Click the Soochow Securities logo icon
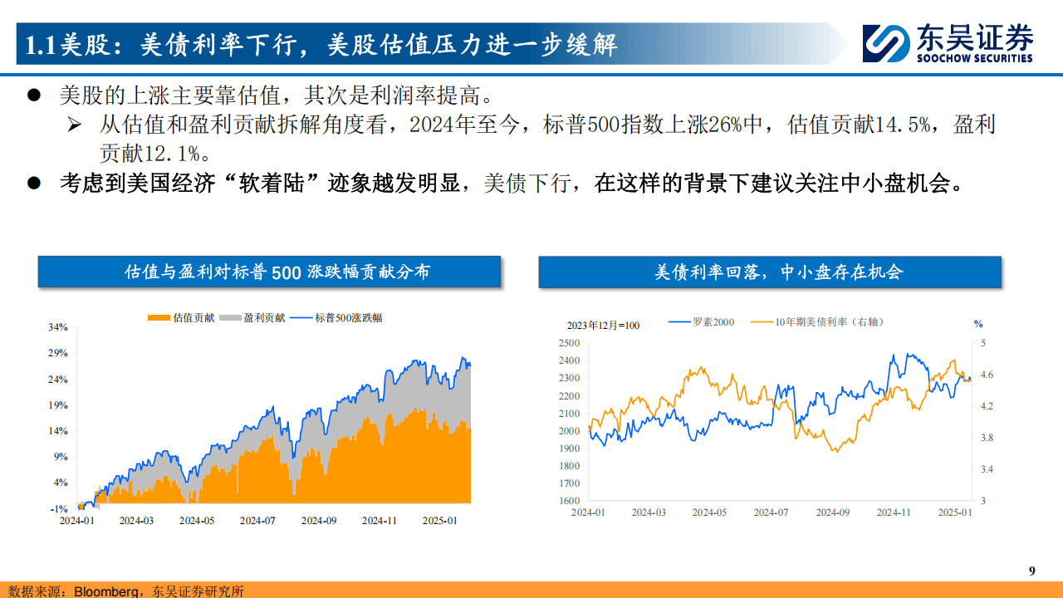[886, 42]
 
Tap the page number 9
[1032, 571]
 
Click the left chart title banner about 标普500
[269, 272]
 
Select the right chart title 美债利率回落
[769, 272]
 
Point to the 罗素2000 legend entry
[703, 322]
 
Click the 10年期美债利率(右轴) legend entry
[807, 322]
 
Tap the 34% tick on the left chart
[57, 327]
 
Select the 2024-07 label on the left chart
[257, 521]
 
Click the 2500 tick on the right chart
[569, 343]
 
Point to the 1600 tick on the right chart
[569, 501]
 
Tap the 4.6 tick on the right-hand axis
[987, 375]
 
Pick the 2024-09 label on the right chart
[832, 512]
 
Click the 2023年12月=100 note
[603, 325]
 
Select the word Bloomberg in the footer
[106, 591]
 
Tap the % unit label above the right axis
[978, 324]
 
